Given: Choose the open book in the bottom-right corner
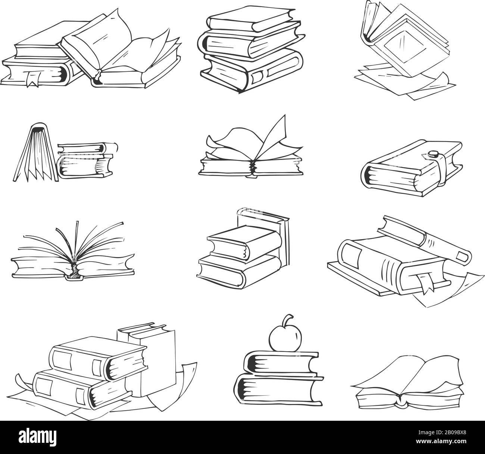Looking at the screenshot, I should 409,385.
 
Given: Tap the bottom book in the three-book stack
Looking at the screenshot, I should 254,71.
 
